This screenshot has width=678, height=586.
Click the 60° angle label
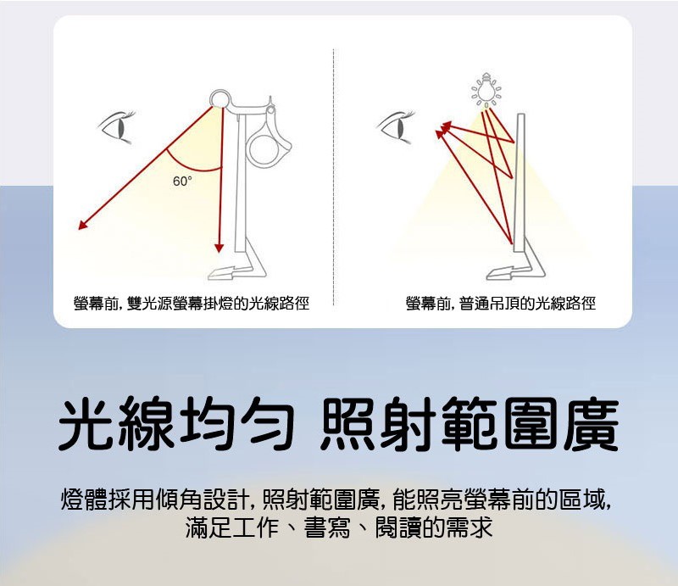click(x=182, y=181)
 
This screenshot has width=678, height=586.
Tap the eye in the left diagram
click(x=117, y=126)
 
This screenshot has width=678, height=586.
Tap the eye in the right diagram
click(x=396, y=126)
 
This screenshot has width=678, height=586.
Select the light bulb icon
click(x=486, y=90)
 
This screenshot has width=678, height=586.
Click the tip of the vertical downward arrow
click(x=219, y=252)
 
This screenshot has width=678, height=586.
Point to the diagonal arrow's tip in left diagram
click(x=79, y=229)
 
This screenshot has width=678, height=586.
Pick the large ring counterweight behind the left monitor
click(x=264, y=150)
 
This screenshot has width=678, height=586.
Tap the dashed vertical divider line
click(x=333, y=177)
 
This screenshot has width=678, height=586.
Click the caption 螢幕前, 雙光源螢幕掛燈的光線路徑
click(x=192, y=304)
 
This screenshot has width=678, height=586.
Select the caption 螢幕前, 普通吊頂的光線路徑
click(x=501, y=304)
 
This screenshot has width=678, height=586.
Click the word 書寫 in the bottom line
click(x=327, y=527)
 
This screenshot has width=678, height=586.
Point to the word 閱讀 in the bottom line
click(x=397, y=527)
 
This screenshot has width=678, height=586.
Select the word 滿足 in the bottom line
click(x=208, y=527)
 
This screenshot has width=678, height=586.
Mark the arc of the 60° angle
click(x=191, y=169)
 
